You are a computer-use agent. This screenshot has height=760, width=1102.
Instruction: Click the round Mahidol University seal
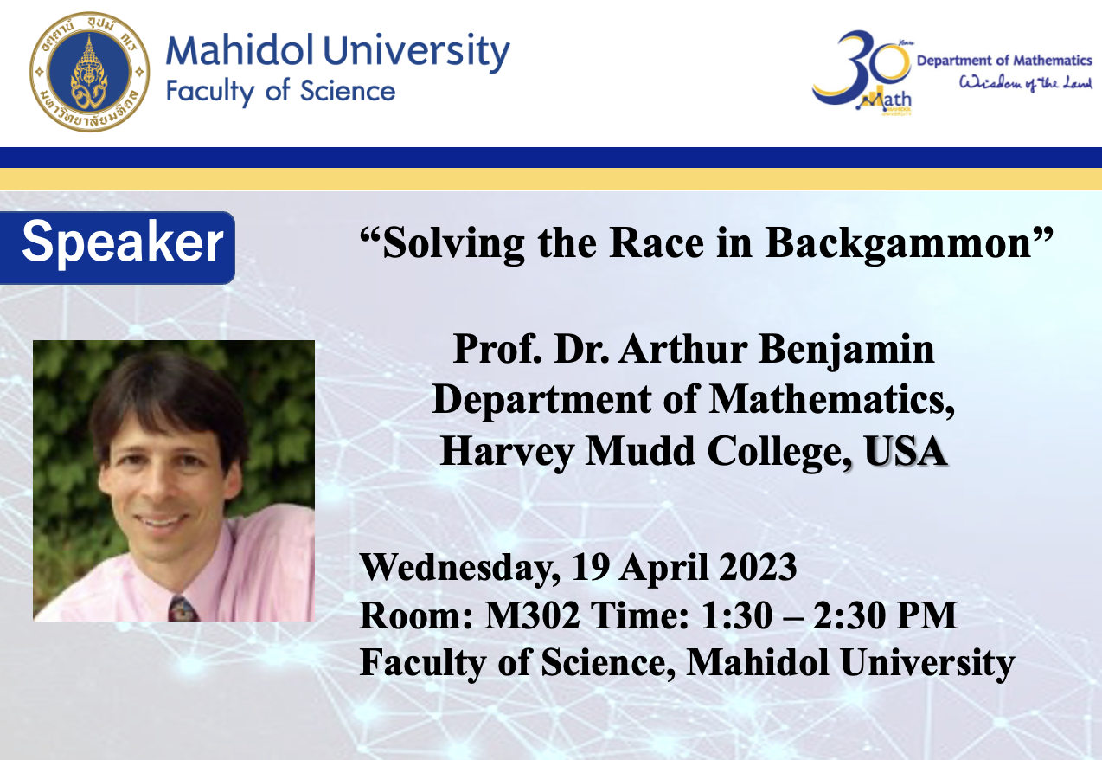90,72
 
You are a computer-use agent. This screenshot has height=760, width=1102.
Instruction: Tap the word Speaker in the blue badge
123,242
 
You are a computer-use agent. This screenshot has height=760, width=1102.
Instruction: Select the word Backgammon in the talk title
898,243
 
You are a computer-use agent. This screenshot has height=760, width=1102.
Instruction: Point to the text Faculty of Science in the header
280,92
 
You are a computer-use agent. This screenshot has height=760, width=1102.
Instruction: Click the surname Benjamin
846,350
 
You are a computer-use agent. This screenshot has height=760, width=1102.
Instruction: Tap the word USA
905,450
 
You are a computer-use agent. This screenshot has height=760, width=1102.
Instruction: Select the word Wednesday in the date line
460,569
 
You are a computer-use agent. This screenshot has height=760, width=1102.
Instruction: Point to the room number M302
532,615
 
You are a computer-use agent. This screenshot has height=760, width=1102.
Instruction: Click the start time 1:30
736,615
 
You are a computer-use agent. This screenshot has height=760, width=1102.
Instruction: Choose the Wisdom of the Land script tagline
1025,83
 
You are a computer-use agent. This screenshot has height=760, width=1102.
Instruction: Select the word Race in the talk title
657,243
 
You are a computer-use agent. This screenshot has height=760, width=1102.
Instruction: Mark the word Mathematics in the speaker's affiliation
831,399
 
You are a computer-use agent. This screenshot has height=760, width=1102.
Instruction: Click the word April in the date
663,569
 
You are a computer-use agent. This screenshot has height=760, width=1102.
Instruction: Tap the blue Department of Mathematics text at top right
1004,61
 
